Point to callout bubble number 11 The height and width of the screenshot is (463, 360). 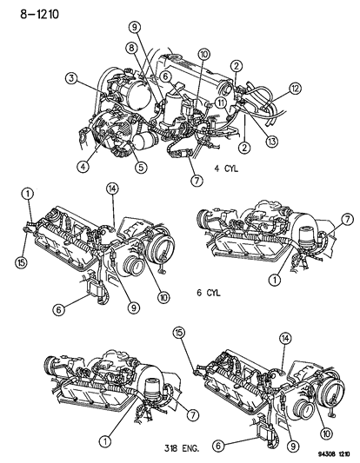222,103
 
